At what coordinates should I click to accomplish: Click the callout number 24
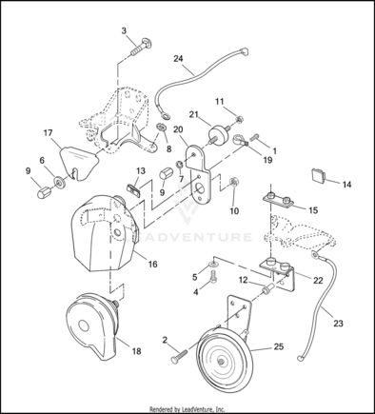[178, 59]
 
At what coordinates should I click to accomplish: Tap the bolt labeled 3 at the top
[142, 48]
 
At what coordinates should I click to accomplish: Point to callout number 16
[153, 264]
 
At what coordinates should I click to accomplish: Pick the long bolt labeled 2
[179, 356]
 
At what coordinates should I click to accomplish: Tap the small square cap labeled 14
[318, 175]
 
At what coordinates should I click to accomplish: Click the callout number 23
[338, 324]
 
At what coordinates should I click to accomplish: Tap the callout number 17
[48, 133]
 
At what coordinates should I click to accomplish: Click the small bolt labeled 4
[213, 278]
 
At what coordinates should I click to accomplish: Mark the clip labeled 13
[134, 189]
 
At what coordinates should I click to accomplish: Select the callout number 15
[313, 210]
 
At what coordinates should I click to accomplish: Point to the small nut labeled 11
[240, 120]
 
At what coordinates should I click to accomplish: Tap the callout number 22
[318, 280]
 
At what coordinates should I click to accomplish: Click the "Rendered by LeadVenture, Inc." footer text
[187, 409]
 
